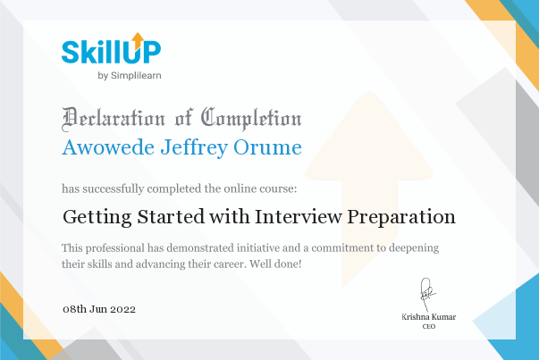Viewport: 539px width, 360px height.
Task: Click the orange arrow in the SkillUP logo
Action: (138, 41)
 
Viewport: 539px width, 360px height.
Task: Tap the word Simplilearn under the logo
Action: (136, 76)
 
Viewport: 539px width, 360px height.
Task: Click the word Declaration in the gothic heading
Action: (114, 119)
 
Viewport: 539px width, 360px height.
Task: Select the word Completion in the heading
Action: (251, 119)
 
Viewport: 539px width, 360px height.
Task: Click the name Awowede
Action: (108, 147)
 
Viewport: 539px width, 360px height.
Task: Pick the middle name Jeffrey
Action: (194, 147)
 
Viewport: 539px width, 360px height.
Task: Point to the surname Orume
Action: (268, 147)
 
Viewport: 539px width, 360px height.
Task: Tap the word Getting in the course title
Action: (97, 217)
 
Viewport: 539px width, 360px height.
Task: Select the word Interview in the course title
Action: (299, 216)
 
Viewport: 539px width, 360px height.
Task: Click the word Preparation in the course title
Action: (401, 217)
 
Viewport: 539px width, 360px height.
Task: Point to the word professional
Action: (115, 248)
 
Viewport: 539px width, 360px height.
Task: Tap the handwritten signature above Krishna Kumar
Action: (427, 294)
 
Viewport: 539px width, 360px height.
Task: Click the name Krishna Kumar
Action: (429, 317)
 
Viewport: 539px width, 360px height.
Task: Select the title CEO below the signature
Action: (429, 326)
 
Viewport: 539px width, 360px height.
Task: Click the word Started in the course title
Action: (171, 216)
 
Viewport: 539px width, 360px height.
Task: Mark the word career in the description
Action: (230, 264)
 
